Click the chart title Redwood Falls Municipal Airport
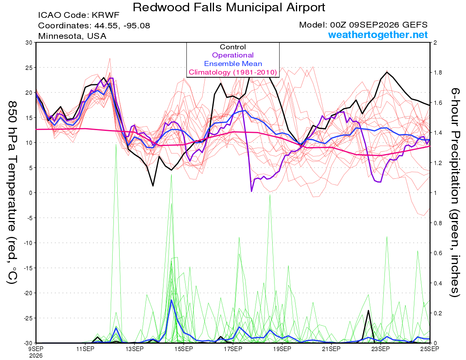pos(229,7)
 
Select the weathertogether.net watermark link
pos(378,35)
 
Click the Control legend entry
pos(233,47)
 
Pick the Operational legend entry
pos(233,55)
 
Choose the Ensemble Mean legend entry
pos(233,64)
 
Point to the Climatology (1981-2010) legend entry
pos(233,72)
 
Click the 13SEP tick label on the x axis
pos(134,349)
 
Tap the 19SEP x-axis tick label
pos(282,349)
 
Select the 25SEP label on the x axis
pos(429,349)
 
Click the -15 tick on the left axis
pos(28,268)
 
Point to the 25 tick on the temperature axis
pos(29,68)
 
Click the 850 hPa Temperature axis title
pos(12,193)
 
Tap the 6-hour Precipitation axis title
pos(455,193)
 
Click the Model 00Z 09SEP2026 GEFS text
pos(363,25)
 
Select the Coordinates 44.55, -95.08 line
pos(94,26)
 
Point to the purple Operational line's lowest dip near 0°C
pos(251,191)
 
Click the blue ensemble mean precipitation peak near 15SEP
pos(171,300)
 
